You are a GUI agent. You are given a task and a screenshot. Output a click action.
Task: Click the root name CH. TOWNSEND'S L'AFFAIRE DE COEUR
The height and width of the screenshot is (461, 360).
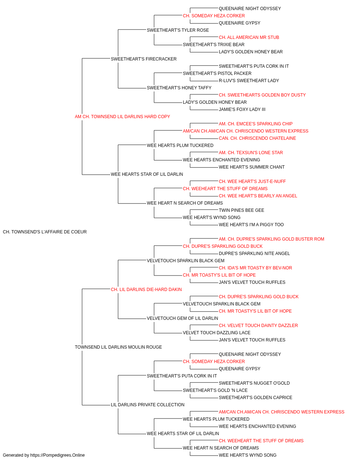45,232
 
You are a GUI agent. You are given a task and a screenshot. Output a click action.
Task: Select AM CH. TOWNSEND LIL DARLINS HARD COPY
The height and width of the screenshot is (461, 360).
122,117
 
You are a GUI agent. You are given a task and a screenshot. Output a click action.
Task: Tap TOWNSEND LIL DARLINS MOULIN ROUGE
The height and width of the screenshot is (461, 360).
118,347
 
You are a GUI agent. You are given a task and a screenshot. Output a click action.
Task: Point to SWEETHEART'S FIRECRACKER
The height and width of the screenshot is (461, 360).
144,59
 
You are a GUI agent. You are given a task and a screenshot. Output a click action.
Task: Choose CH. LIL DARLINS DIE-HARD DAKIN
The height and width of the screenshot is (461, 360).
146,290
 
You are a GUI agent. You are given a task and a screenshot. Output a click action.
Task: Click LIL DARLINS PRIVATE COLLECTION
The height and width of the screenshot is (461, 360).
148,405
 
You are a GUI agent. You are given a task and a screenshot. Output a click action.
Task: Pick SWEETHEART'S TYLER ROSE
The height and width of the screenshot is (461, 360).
178,30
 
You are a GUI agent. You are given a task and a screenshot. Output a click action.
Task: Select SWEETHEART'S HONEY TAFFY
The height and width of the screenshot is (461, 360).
179,88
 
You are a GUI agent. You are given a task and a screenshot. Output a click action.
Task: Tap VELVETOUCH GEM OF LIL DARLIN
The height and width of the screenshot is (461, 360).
182,318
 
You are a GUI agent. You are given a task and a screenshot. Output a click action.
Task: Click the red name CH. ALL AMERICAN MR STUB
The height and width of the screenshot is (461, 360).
249,37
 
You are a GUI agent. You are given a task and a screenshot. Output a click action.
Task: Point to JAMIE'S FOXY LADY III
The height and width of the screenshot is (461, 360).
242,109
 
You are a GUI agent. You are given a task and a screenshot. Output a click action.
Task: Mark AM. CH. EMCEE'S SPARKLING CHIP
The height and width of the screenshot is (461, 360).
256,124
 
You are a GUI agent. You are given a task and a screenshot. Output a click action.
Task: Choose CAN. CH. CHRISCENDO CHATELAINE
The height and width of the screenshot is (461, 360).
257,138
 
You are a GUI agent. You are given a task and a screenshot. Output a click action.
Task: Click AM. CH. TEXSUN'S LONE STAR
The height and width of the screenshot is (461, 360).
251,153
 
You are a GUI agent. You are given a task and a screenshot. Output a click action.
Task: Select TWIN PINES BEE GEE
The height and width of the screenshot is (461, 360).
242,210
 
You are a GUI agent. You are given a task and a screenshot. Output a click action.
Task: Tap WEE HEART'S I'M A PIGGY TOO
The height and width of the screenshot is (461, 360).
251,225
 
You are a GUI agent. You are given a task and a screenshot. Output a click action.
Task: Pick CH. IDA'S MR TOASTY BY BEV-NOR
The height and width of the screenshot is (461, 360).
255,268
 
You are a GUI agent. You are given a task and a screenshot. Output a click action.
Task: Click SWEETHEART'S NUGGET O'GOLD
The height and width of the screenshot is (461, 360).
254,383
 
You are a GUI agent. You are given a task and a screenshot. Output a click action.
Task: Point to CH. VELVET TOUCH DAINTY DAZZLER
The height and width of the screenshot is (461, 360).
258,326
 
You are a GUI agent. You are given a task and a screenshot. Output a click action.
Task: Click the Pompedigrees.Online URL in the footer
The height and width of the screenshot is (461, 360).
57,455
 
